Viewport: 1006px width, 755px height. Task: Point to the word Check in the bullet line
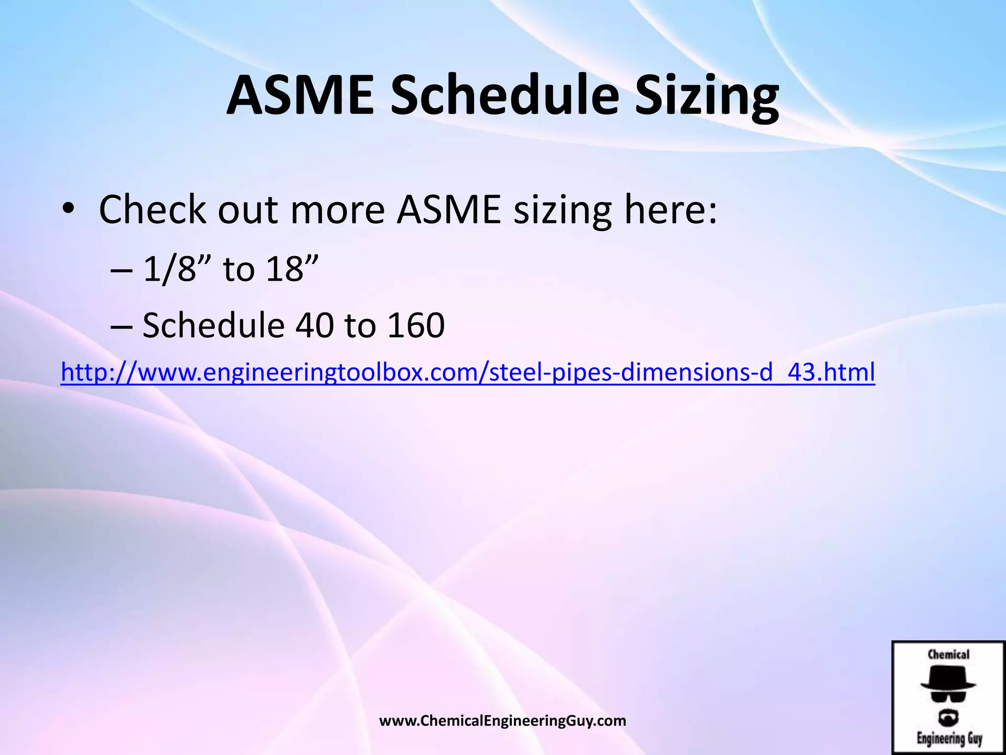152,210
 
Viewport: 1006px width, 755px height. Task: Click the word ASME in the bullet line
449,210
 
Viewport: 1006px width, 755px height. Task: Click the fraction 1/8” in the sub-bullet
177,269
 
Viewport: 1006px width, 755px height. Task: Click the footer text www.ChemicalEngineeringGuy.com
503,721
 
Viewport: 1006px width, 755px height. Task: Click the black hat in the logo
948,678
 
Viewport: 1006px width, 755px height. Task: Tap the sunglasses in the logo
948,696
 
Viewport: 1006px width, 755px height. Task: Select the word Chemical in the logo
948,655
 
